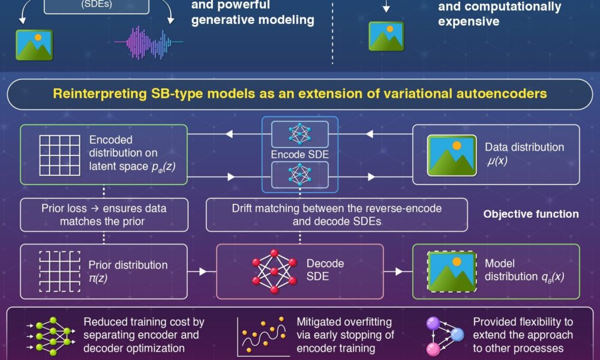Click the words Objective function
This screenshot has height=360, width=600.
[531, 214]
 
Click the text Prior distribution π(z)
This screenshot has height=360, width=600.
[128, 271]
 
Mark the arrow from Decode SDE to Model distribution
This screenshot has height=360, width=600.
[398, 271]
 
